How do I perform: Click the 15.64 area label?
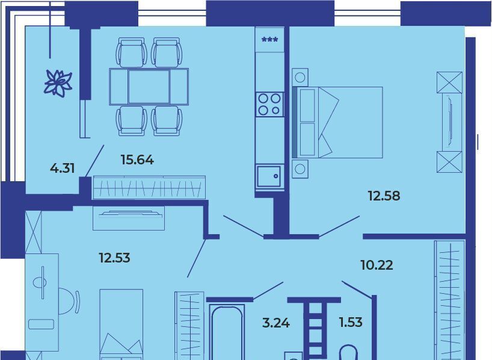tap(137, 160)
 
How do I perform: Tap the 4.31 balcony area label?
tap(63, 169)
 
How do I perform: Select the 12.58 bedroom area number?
tap(384, 196)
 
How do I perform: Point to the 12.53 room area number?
tap(114, 258)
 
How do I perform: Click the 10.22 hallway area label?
tap(377, 265)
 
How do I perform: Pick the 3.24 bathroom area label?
tap(276, 323)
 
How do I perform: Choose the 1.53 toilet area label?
tap(351, 322)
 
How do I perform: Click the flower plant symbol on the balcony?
tap(58, 82)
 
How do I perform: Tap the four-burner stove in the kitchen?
tap(269, 104)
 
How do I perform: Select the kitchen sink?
tap(269, 176)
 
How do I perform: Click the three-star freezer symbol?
tap(269, 40)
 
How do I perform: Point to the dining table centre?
tap(149, 86)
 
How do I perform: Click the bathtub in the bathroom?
tap(227, 332)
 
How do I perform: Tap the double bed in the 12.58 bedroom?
tap(337, 122)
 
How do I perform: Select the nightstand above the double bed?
tap(300, 77)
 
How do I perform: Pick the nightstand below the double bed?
tap(300, 169)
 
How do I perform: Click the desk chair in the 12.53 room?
tap(69, 301)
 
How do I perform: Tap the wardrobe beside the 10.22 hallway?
tap(449, 300)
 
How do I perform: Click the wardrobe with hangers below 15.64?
tap(149, 188)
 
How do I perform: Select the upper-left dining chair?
tap(132, 52)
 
